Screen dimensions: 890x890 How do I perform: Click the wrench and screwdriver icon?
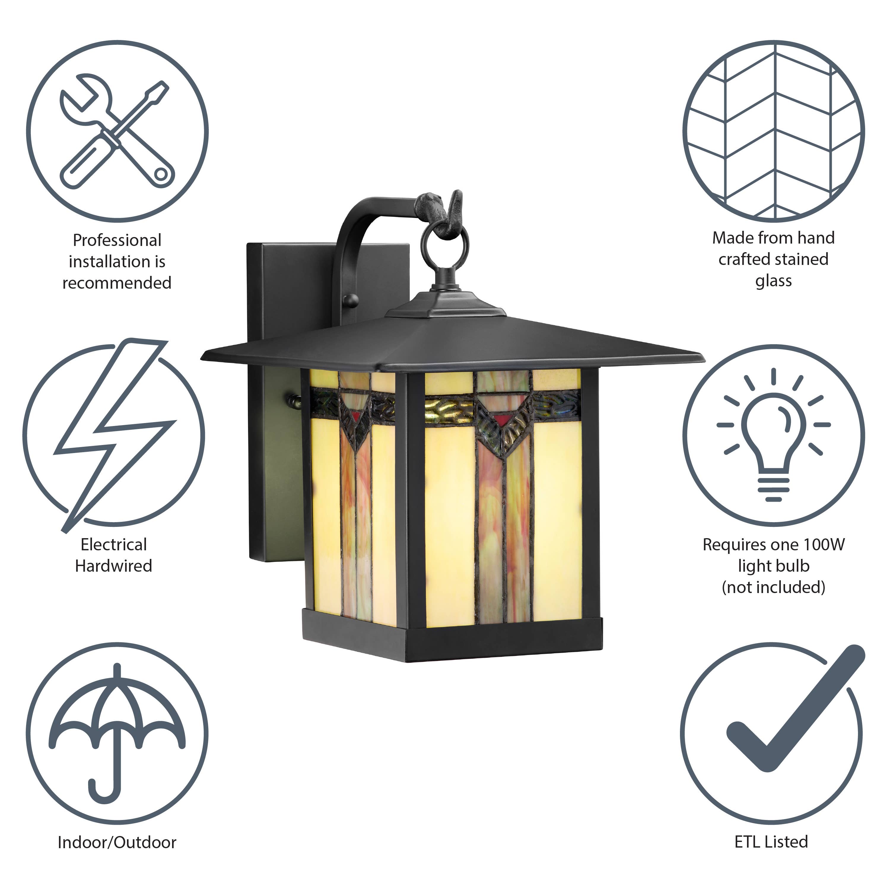(117, 132)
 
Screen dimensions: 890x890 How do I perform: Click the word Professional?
(117, 240)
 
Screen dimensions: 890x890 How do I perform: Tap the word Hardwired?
(113, 566)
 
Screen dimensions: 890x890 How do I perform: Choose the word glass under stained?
(773, 281)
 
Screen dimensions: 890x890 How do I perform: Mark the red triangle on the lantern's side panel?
(355, 416)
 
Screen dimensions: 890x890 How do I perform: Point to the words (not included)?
(773, 587)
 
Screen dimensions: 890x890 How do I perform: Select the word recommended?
(117, 283)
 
